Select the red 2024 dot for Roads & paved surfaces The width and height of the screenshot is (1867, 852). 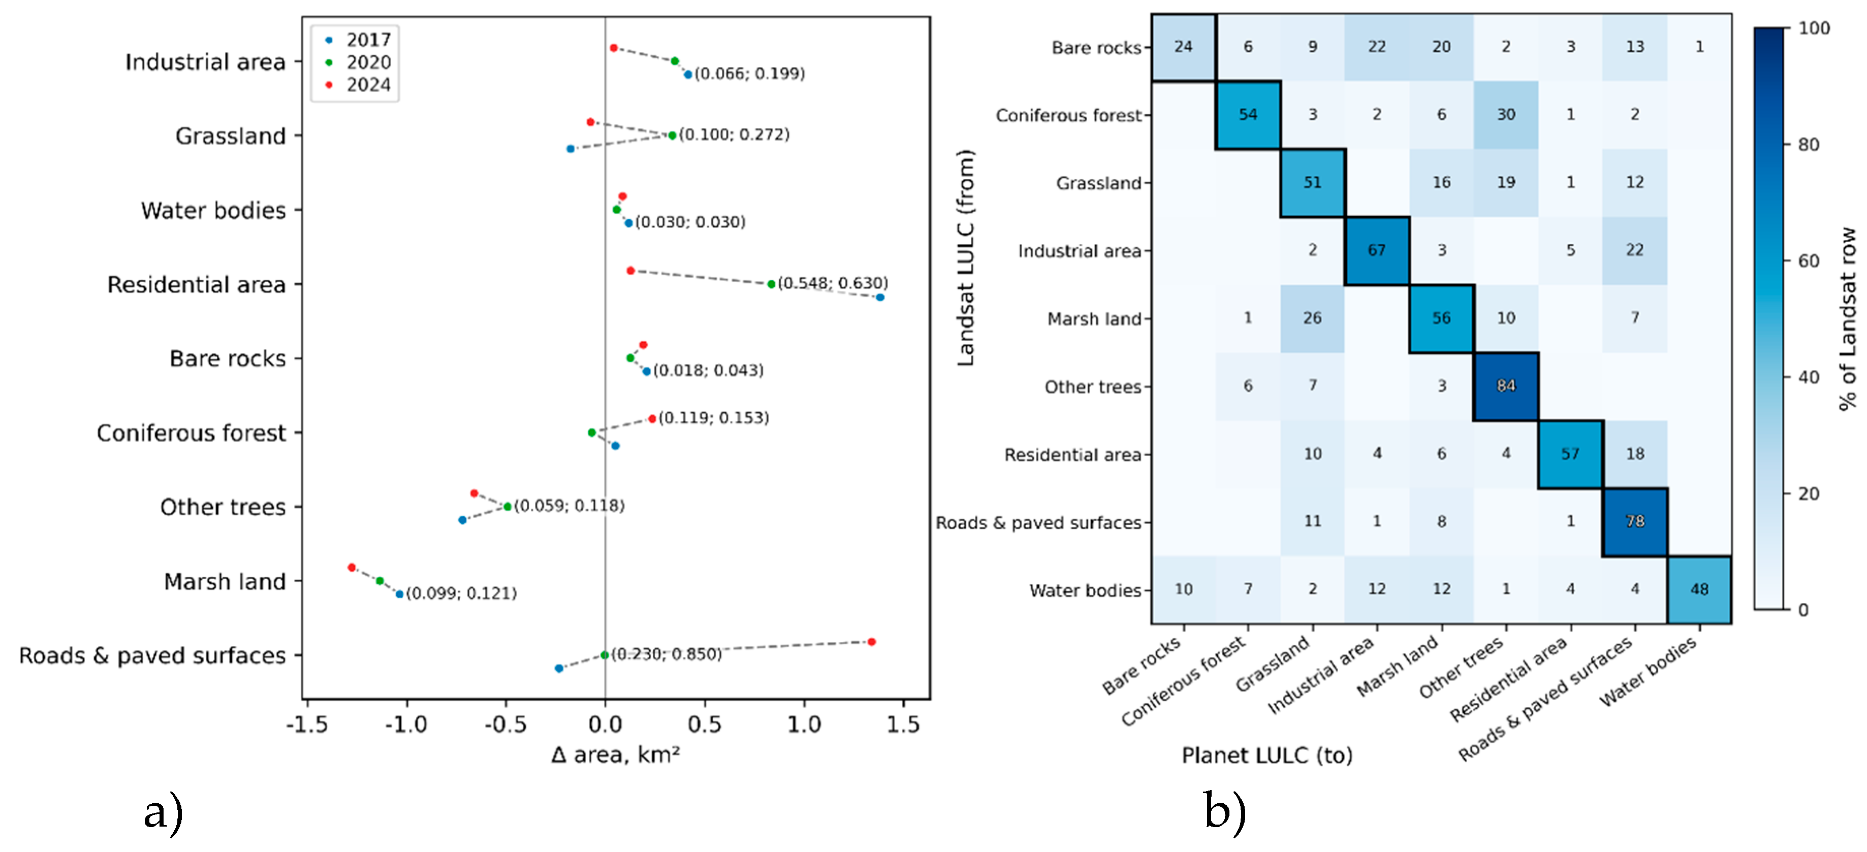871,642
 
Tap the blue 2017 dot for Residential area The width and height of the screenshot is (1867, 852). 880,298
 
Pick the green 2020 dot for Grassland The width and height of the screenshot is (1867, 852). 672,136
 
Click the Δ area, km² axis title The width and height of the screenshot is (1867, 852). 615,756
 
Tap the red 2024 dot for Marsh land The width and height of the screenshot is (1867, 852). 352,567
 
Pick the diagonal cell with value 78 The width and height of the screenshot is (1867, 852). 1634,521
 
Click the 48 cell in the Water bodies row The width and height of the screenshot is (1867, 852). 1699,589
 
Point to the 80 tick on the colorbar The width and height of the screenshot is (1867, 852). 1808,145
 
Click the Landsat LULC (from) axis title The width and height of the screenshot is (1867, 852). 966,258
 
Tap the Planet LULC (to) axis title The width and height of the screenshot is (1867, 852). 1267,756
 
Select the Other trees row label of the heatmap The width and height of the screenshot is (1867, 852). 1092,387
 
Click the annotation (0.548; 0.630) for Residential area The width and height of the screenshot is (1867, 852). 832,282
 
